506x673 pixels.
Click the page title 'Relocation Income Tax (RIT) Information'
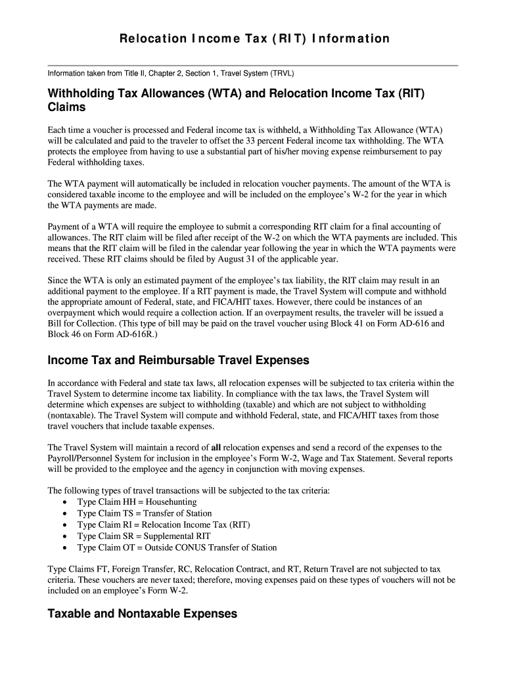pos(254,39)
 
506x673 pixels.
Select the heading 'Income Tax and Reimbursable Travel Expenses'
pos(178,360)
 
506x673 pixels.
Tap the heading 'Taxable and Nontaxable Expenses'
pos(142,614)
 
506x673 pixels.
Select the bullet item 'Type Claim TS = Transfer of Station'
pos(145,513)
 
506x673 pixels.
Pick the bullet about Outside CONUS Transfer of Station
pos(177,547)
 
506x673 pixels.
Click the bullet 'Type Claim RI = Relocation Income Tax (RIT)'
pos(164,524)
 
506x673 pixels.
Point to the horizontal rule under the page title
pos(253,65)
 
